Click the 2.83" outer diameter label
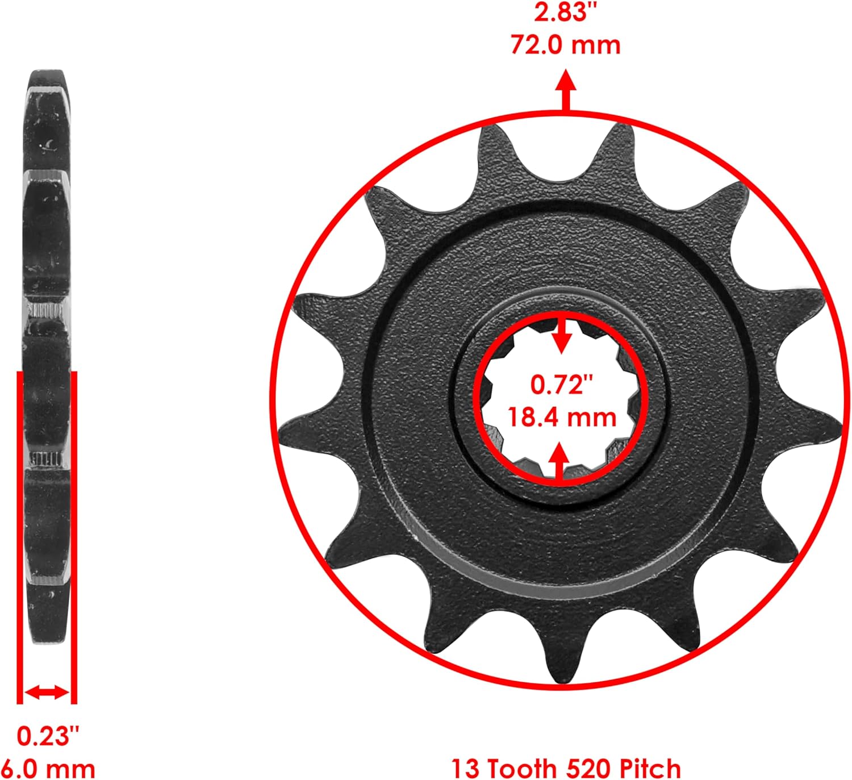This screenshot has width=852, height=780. tap(565, 12)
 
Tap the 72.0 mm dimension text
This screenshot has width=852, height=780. tap(565, 44)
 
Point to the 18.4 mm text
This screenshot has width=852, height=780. tap(561, 418)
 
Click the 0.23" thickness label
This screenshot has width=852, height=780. tap(47, 736)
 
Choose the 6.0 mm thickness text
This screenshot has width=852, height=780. tap(48, 769)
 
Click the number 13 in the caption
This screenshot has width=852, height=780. tap(465, 769)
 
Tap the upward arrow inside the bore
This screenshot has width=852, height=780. tap(561, 461)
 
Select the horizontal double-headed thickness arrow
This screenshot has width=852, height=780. tap(47, 692)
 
